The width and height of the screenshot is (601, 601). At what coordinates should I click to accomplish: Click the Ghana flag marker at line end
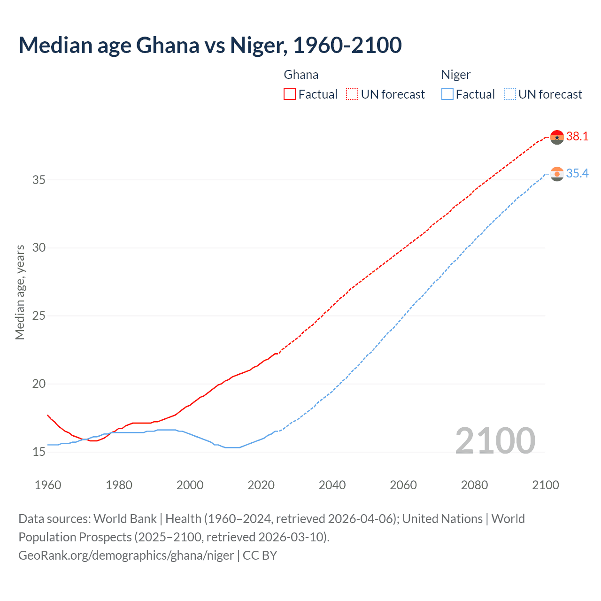tap(557, 137)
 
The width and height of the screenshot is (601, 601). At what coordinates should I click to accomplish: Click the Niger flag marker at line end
tap(557, 174)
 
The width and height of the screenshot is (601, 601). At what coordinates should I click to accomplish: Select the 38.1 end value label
tap(577, 137)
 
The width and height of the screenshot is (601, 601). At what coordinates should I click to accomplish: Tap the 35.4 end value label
tap(577, 174)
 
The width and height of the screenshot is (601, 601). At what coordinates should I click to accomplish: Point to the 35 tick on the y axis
tap(39, 180)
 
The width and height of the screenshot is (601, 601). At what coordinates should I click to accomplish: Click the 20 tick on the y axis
tap(39, 384)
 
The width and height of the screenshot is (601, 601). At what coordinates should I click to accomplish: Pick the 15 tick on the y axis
tap(39, 452)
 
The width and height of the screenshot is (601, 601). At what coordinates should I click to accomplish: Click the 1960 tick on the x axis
tap(48, 485)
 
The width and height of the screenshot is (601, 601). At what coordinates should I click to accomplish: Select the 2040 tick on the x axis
tap(332, 485)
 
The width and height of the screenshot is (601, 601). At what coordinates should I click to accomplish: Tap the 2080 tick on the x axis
tap(474, 485)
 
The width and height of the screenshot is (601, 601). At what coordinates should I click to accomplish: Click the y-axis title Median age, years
tap(20, 292)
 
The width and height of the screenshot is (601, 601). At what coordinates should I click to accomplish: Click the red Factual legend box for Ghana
tap(290, 94)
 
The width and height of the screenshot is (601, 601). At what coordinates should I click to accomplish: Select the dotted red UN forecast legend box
tap(352, 94)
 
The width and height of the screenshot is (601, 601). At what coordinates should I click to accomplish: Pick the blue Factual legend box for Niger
tap(447, 94)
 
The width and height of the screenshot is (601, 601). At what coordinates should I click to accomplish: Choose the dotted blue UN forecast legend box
tap(510, 94)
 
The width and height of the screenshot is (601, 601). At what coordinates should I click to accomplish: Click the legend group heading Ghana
tap(301, 75)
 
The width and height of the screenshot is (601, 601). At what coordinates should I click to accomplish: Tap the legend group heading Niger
tap(456, 75)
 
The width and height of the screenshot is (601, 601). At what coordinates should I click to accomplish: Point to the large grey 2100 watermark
tap(495, 441)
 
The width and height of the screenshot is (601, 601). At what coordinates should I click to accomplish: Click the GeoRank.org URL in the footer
tap(126, 555)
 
